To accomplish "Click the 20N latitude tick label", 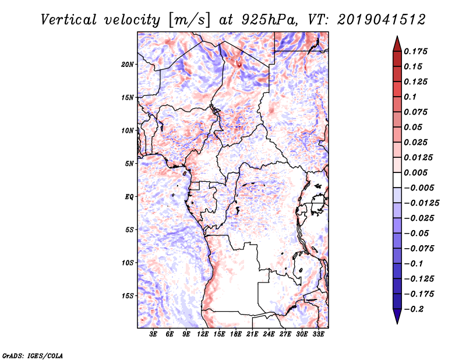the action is click(128, 65).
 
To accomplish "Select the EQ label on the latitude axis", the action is click(129, 197).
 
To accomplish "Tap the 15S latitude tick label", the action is click(128, 296).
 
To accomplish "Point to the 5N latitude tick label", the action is click(129, 164).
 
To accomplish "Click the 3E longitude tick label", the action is click(153, 334).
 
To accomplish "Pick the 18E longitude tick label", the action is click(236, 334).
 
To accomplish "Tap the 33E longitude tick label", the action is click(318, 334).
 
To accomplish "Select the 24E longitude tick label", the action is click(269, 334).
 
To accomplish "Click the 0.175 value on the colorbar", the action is click(415, 52).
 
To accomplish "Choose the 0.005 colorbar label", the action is click(415, 173).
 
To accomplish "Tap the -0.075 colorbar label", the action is click(419, 249).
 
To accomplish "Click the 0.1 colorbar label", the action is click(410, 97).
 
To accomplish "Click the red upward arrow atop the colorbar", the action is click(397, 44).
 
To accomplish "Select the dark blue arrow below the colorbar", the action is click(397, 316).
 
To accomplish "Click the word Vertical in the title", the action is click(68, 20).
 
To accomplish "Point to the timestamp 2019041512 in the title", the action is click(382, 20).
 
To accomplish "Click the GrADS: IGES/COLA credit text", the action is click(33, 356).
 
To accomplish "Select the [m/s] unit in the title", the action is click(189, 20).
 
